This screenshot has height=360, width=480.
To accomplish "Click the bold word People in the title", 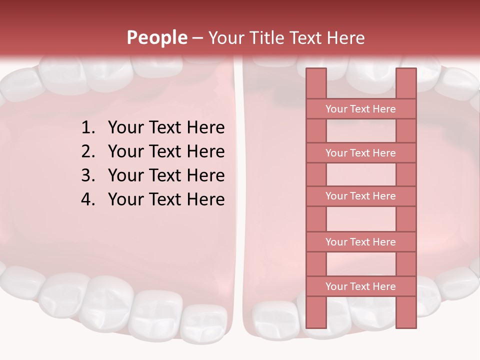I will point(156,37).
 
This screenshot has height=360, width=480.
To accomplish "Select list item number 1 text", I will point(166,127).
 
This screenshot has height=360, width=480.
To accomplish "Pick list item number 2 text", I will point(166,151).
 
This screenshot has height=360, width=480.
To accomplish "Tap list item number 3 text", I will point(166,175).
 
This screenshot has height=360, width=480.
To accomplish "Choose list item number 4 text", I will point(166,199).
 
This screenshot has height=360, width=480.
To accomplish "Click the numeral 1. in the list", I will point(87,127).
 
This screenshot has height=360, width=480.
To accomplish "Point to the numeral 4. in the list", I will point(87,199).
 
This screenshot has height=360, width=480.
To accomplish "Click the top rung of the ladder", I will point(360,109).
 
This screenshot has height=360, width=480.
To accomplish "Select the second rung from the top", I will point(360,153).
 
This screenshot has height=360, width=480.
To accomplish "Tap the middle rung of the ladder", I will point(360,196).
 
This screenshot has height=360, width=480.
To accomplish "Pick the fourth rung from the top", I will point(360,242).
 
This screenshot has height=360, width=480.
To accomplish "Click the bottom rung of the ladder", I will point(360,286).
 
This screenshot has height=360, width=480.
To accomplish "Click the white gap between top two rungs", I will point(361,131).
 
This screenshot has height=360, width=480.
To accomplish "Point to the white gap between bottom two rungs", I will point(361,264).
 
